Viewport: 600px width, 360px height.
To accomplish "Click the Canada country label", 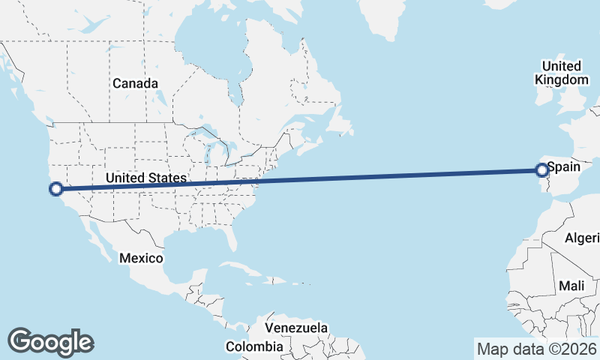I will [135, 83].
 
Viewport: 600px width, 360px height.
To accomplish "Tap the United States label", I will [145, 178].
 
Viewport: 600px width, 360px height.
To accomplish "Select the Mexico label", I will [141, 258].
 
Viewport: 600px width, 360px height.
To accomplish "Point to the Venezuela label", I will [298, 328].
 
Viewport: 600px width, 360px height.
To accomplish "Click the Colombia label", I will [255, 346].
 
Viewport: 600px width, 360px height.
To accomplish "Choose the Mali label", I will [571, 286].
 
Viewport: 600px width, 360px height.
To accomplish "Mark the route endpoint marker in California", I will [55, 189].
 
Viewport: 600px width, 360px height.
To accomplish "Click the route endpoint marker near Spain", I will [541, 170].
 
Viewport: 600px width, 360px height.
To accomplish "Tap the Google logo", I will [50, 341].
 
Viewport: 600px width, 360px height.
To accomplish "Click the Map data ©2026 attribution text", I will [537, 349].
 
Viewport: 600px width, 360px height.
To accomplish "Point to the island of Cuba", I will [241, 269].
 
